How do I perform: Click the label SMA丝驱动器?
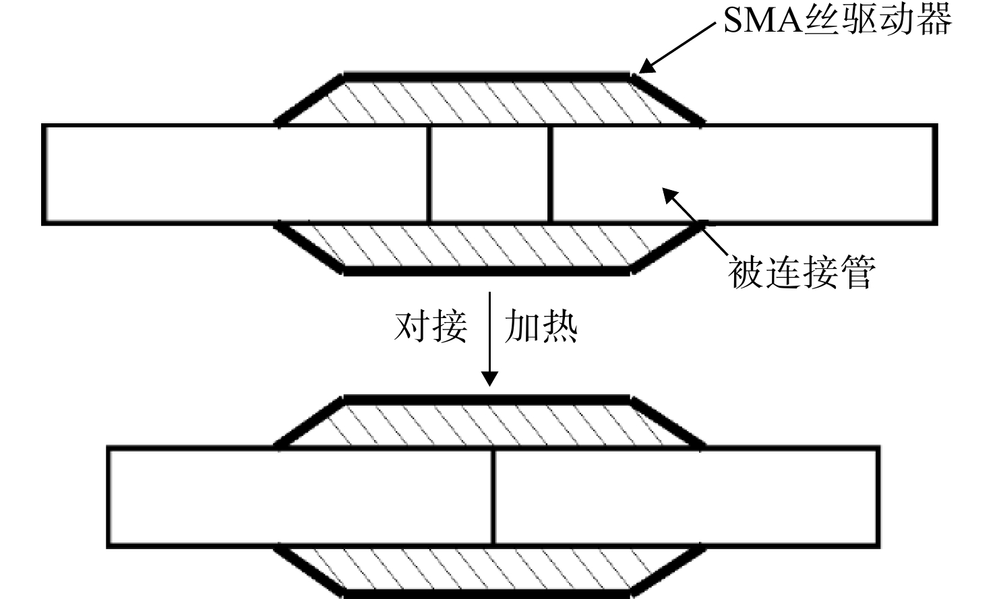coord(838,20)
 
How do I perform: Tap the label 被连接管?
coord(802,272)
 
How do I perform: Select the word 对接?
coord(431,326)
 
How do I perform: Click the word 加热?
coord(541,326)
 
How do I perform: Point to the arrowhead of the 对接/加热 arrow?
coord(489,379)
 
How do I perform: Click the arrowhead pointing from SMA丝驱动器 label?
coord(646,67)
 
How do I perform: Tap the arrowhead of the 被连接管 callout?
coord(670,195)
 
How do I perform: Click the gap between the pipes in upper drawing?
coord(489,174)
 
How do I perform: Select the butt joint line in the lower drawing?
coord(493,497)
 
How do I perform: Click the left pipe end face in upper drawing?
coord(429,174)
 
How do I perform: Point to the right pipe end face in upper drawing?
coord(550,174)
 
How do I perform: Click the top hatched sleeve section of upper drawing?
coord(489,102)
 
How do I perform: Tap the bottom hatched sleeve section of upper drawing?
coord(489,246)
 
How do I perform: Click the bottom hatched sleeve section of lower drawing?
coord(489,569)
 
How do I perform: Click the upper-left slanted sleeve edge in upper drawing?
coord(308,100)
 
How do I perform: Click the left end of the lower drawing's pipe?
coord(109,497)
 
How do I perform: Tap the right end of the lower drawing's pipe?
coord(878,497)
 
